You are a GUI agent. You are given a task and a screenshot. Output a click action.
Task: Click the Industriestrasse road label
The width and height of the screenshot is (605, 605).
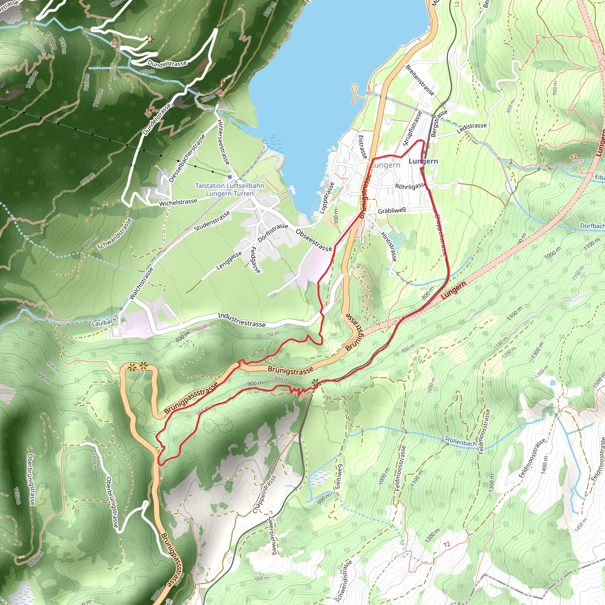click(242, 320)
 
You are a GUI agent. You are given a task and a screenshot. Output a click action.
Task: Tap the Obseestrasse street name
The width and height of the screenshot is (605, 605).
click(313, 240)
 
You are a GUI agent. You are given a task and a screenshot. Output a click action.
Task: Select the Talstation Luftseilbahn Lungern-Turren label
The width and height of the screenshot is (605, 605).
click(230, 189)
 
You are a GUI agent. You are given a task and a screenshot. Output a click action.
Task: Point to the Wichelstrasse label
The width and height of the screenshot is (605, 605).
click(178, 203)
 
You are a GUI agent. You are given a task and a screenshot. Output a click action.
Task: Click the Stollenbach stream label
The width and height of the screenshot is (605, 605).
click(460, 442)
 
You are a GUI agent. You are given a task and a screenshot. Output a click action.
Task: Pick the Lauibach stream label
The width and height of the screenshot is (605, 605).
click(104, 322)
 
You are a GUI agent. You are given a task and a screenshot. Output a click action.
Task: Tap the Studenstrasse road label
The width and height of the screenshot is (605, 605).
click(212, 221)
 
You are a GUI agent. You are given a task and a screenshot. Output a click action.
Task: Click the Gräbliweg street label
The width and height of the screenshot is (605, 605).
click(392, 210)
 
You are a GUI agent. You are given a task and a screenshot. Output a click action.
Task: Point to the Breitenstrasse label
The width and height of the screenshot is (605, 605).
click(420, 80)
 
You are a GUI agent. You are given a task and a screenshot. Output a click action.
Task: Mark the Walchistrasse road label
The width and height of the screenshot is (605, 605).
click(142, 283)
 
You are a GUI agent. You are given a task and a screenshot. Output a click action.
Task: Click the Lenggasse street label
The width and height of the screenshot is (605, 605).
click(229, 261)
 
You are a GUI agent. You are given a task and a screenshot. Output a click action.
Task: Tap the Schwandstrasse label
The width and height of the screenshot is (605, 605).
click(115, 234)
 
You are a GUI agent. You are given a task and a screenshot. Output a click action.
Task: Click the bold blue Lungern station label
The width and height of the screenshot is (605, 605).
click(423, 161)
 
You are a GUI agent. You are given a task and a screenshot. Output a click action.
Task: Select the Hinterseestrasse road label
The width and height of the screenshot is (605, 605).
click(224, 142)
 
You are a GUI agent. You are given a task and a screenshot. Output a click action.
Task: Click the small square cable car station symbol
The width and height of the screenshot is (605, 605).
click(230, 177)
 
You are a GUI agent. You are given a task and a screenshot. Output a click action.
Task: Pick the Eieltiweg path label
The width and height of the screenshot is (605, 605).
click(339, 476)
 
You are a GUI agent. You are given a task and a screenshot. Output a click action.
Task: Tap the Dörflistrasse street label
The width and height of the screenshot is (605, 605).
click(273, 233)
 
